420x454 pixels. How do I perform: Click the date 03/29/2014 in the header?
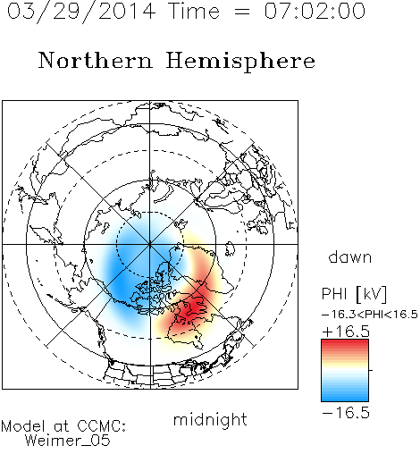pyautogui.click(x=81, y=12)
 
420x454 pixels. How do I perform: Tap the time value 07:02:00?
pyautogui.click(x=315, y=11)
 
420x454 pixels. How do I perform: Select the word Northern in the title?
pyautogui.click(x=96, y=60)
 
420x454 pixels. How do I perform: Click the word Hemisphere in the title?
pyautogui.click(x=240, y=62)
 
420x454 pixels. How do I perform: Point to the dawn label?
pyautogui.click(x=350, y=257)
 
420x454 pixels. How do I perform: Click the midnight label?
pyautogui.click(x=210, y=420)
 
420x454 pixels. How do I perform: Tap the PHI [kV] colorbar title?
pyautogui.click(x=355, y=294)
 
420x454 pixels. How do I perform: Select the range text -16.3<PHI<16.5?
pyautogui.click(x=370, y=315)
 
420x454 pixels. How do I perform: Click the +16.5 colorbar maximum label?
pyautogui.click(x=346, y=332)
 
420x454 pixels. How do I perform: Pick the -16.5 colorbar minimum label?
pyautogui.click(x=346, y=413)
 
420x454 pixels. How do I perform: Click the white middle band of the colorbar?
pyautogui.click(x=345, y=371)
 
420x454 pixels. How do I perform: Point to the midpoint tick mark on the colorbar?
pyautogui.click(x=371, y=370)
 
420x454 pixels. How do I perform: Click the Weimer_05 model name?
pyautogui.click(x=68, y=441)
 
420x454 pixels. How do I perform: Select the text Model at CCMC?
pyautogui.click(x=63, y=426)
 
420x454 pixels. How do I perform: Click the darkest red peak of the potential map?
pyautogui.click(x=195, y=306)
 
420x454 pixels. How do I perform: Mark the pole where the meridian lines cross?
pyautogui.click(x=150, y=244)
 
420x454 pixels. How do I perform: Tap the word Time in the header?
pyautogui.click(x=194, y=11)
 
